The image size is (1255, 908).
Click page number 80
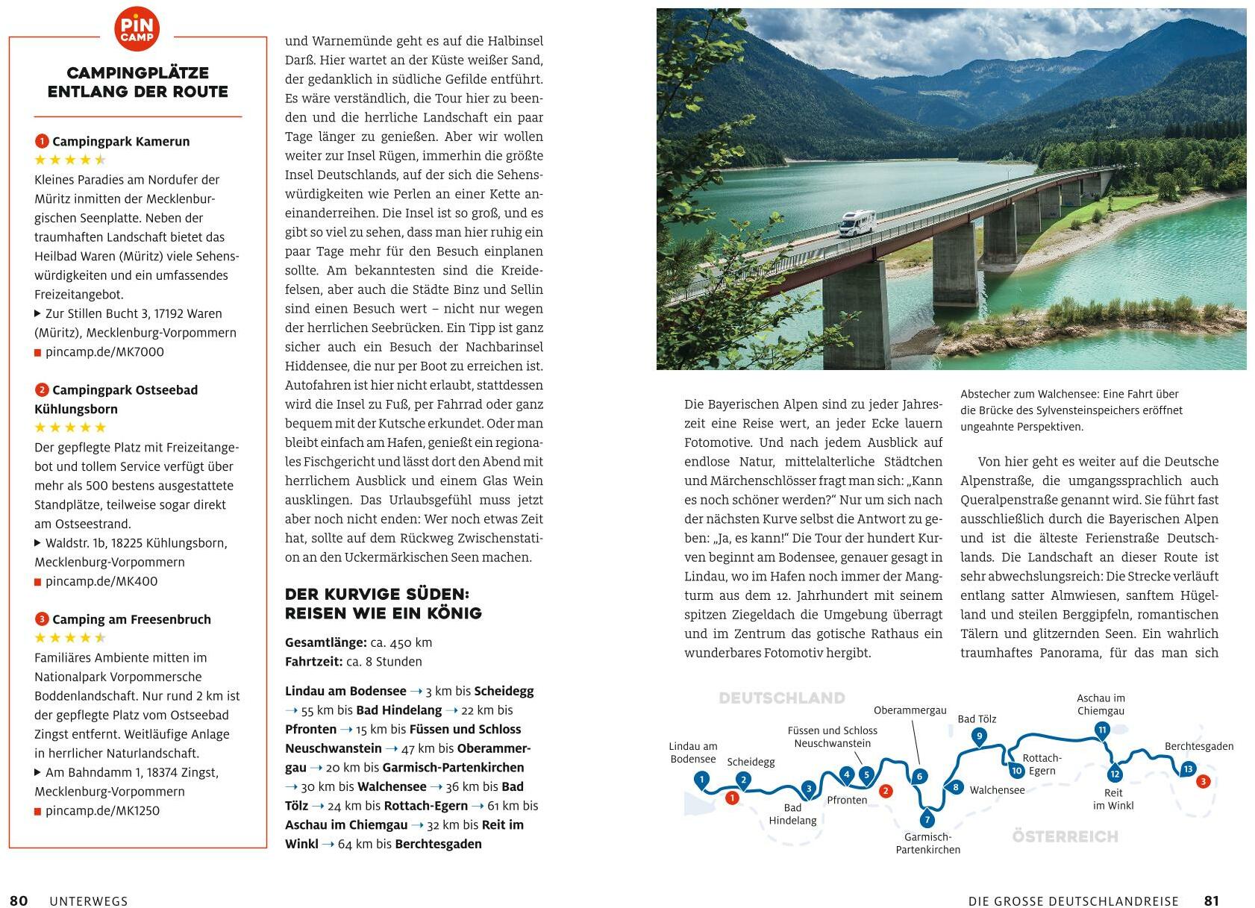point(19,901)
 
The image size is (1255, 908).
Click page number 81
point(1211,901)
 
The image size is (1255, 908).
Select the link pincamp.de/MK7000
point(104,352)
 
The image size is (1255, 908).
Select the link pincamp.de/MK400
point(101,581)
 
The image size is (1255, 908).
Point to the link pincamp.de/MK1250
point(102,811)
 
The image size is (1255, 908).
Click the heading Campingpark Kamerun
point(121,142)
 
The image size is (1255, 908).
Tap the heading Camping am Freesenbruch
point(131,620)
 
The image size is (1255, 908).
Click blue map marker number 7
point(927,818)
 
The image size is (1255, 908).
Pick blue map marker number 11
point(1102,729)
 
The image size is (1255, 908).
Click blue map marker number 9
point(979,736)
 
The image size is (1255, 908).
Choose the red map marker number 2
point(886,791)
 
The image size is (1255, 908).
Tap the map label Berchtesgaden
point(1199,746)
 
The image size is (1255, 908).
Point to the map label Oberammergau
point(910,710)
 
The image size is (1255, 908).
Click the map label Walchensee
point(997,790)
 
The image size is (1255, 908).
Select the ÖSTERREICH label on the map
point(1065,836)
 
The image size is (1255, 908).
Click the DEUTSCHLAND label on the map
point(781,698)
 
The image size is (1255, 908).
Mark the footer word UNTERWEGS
point(89,901)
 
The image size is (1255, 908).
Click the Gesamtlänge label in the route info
point(325,642)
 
